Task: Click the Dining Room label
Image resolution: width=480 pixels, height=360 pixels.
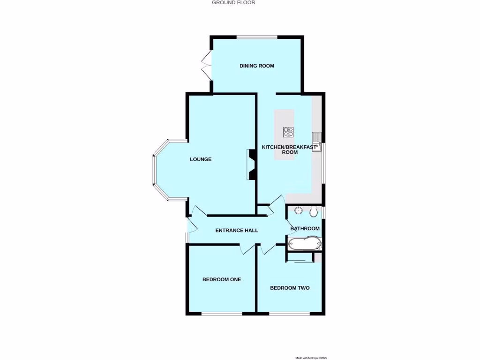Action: [256, 66]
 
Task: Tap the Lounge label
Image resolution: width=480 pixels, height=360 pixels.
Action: [201, 159]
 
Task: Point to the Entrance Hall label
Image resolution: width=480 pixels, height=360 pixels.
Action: [237, 231]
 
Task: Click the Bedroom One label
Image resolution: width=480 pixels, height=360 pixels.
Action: [222, 279]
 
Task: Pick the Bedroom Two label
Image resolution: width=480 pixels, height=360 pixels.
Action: [290, 288]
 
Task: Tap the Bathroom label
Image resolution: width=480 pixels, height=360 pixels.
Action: [305, 229]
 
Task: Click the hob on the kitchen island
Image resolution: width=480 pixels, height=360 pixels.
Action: [288, 132]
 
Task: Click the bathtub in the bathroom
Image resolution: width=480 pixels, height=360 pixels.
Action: [305, 243]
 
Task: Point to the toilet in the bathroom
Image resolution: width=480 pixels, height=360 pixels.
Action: [314, 212]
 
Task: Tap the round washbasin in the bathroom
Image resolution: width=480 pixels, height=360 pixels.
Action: [298, 211]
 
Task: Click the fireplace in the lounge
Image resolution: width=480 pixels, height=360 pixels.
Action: [251, 165]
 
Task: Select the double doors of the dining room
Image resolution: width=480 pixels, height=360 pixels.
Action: [207, 66]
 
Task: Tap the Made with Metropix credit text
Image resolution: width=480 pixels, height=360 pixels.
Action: [311, 358]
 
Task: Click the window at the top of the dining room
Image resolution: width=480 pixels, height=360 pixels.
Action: [256, 37]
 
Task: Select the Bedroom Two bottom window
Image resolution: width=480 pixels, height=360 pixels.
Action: [289, 313]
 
